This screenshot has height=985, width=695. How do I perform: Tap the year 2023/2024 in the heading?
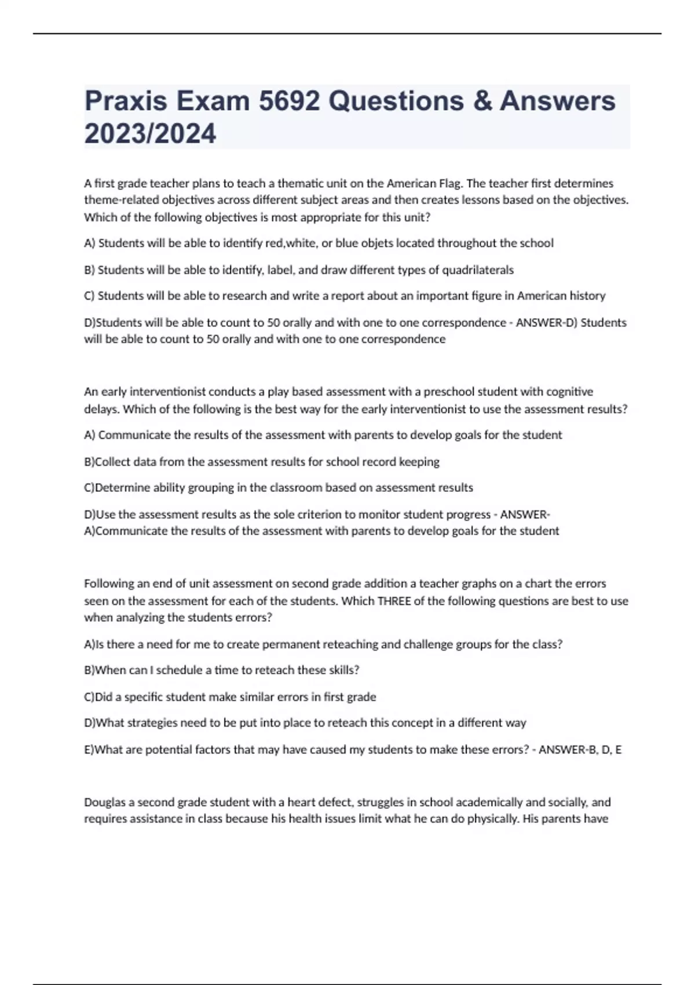150,133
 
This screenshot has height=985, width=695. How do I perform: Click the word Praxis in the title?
126,101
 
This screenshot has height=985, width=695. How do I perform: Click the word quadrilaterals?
478,270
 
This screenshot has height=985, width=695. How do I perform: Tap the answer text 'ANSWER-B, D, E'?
580,750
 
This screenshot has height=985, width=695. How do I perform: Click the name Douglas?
104,802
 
